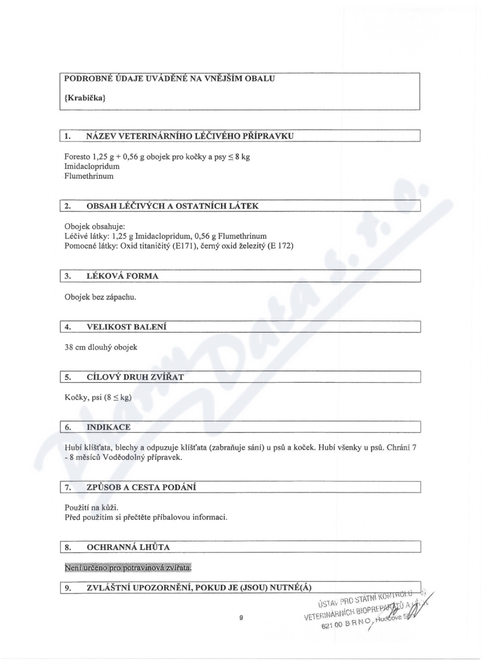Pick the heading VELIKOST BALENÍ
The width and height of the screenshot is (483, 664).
127,327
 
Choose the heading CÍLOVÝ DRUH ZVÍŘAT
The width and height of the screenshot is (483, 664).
135,377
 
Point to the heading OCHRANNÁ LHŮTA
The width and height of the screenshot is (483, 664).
128,547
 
